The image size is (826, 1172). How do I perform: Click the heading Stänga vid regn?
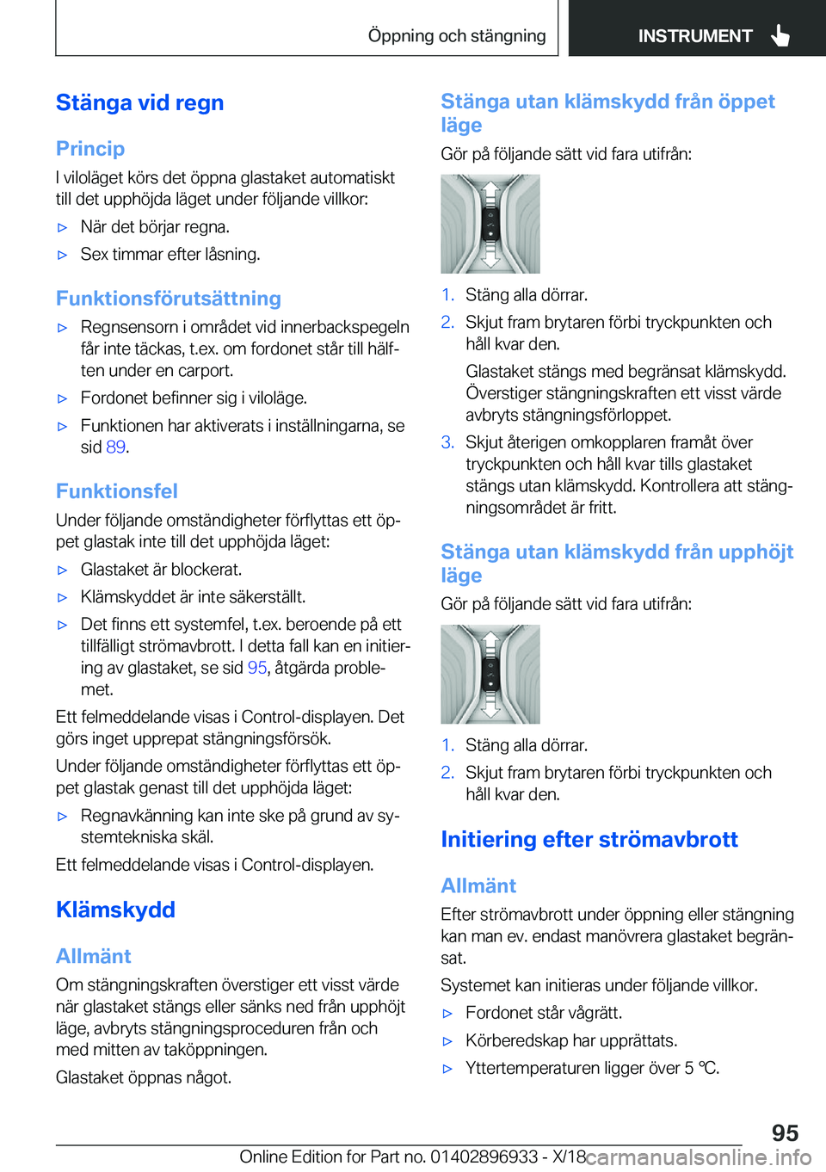139,103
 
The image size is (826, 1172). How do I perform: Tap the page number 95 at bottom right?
784,1132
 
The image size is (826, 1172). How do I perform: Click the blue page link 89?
116,447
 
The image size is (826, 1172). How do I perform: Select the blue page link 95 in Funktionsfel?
257,668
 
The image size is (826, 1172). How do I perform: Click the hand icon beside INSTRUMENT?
780,35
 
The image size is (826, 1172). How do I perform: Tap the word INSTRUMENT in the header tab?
694,36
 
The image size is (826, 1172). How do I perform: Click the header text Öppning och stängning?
456,36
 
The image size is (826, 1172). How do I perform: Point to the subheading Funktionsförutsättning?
169,299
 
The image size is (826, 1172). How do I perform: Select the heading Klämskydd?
115,910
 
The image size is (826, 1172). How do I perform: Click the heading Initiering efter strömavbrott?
589,839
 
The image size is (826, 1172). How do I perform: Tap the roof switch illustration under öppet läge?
490,224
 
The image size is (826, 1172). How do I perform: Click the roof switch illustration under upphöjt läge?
490,674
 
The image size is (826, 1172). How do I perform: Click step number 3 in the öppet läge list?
447,442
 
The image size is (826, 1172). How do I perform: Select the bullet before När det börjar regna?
62,228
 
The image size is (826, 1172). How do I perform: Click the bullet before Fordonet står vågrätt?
447,1014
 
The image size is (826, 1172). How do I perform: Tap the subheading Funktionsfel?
117,491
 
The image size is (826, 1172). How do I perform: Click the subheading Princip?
90,149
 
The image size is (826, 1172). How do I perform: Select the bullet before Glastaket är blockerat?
62,571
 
